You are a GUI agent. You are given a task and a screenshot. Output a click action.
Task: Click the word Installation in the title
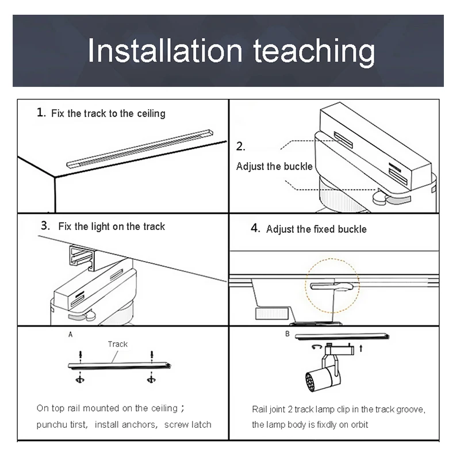pos(165,51)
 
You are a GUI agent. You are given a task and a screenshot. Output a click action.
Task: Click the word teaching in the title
pos(314,53)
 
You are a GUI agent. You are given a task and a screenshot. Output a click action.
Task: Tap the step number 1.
pos(41,112)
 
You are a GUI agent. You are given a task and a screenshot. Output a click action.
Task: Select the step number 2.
pos(240,147)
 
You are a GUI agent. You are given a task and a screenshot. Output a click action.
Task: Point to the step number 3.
pos(45,225)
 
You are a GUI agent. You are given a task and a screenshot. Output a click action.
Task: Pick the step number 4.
pos(255,228)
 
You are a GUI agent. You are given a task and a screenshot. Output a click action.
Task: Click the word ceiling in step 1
pos(151,114)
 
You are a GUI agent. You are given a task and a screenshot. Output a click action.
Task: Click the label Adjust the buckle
pos(274,166)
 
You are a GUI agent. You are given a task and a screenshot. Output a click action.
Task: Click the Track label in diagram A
pos(118,344)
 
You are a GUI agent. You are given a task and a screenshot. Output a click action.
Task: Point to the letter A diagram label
pos(70,335)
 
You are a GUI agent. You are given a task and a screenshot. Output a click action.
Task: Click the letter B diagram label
pos(287,334)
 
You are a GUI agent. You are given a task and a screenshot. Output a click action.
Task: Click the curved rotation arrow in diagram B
pos(317,347)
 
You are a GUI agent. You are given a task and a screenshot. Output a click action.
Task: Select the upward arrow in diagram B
pos(361,348)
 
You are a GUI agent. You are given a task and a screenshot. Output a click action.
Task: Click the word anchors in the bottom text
pos(140,424)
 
